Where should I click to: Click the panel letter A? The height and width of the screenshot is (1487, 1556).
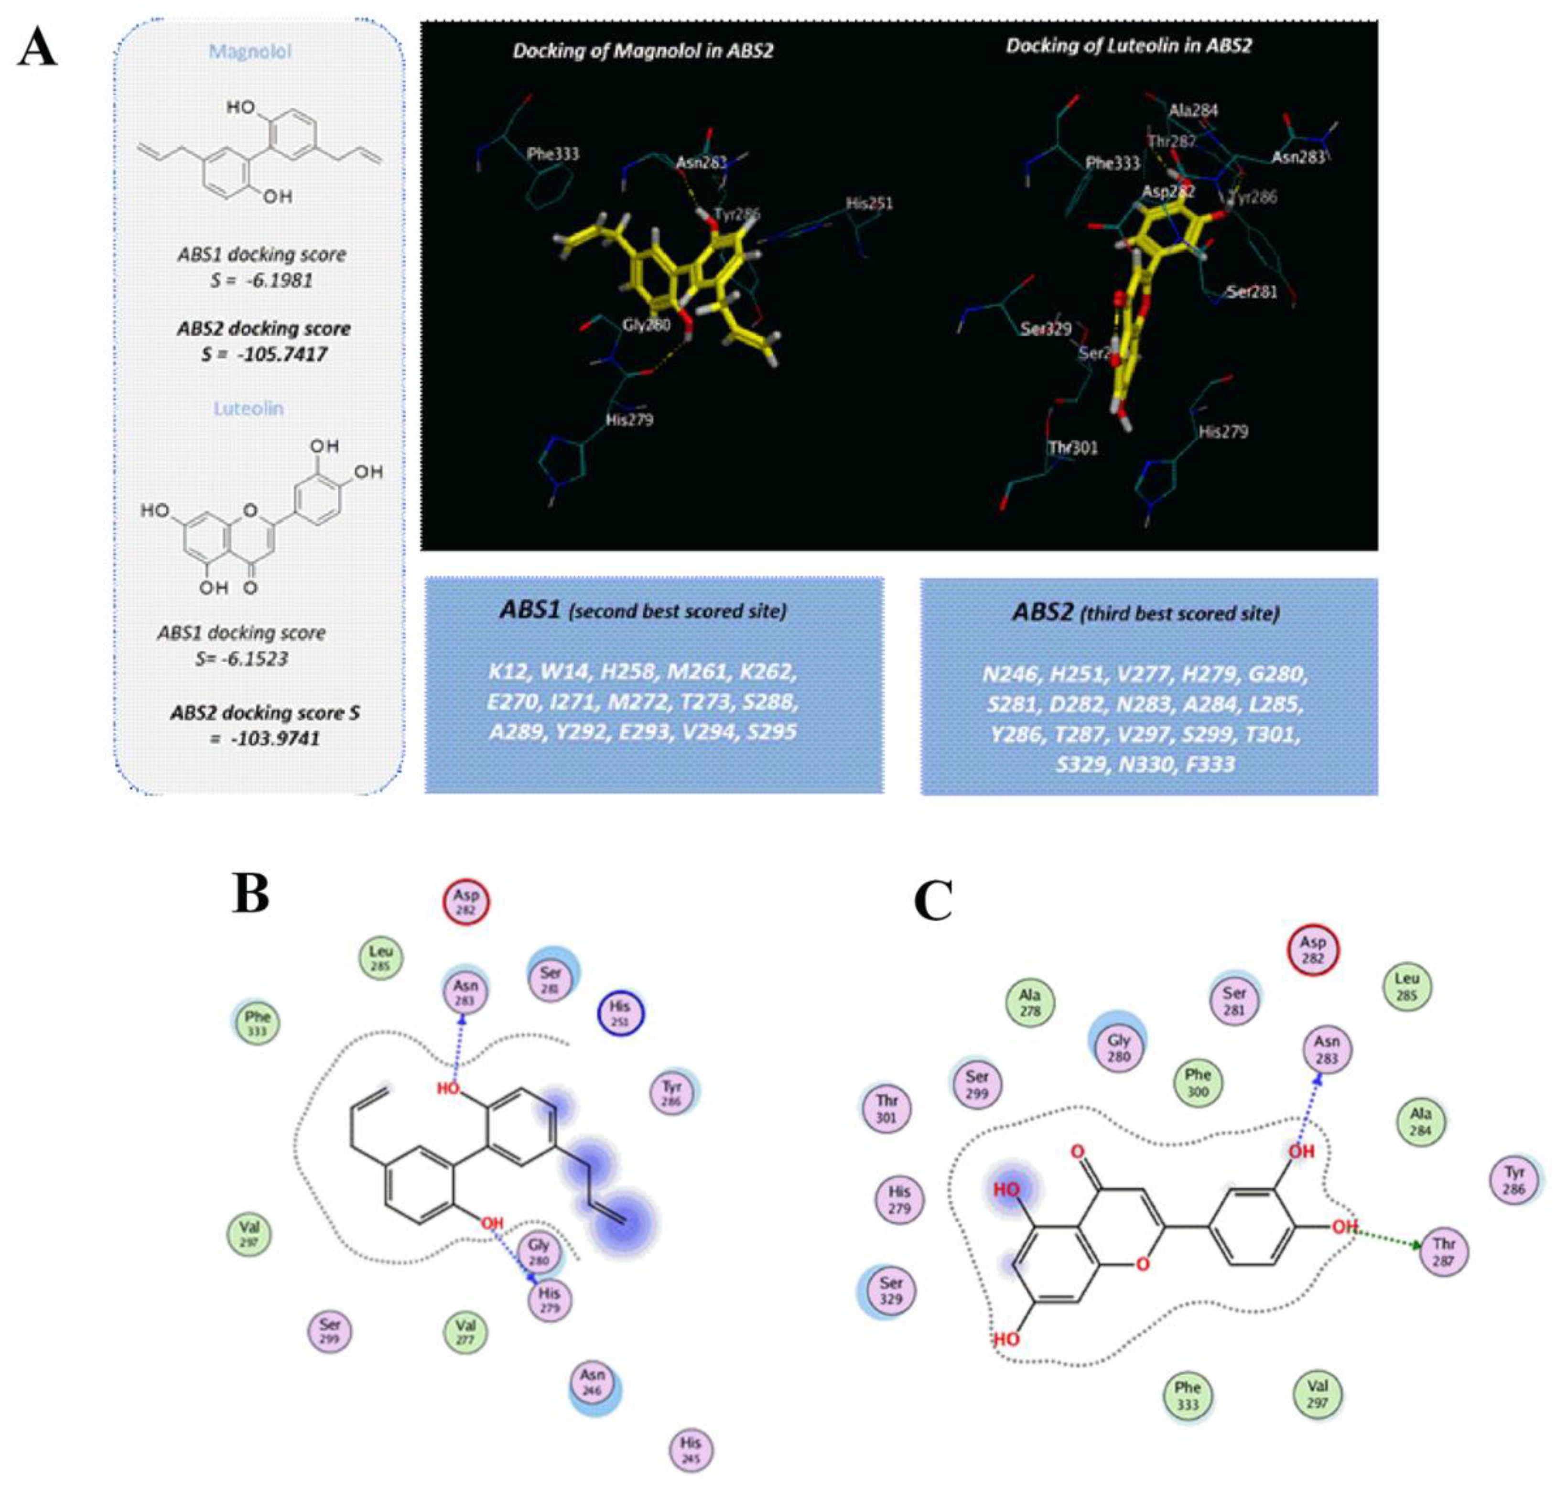pos(37,48)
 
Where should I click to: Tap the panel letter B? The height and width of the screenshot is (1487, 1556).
pos(250,894)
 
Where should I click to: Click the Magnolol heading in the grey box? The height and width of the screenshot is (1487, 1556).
pos(249,52)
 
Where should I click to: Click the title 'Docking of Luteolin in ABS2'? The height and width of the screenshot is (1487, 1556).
pos(1129,46)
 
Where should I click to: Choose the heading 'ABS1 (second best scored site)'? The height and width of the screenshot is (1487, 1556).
pos(643,610)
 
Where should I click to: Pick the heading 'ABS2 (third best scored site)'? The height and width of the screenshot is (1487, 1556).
pos(1145,613)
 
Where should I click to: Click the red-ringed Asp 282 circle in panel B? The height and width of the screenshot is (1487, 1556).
pos(466,902)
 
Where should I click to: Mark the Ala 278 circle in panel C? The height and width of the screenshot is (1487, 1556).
pos(1030,1002)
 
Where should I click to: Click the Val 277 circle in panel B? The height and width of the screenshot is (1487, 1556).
pos(465,1333)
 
